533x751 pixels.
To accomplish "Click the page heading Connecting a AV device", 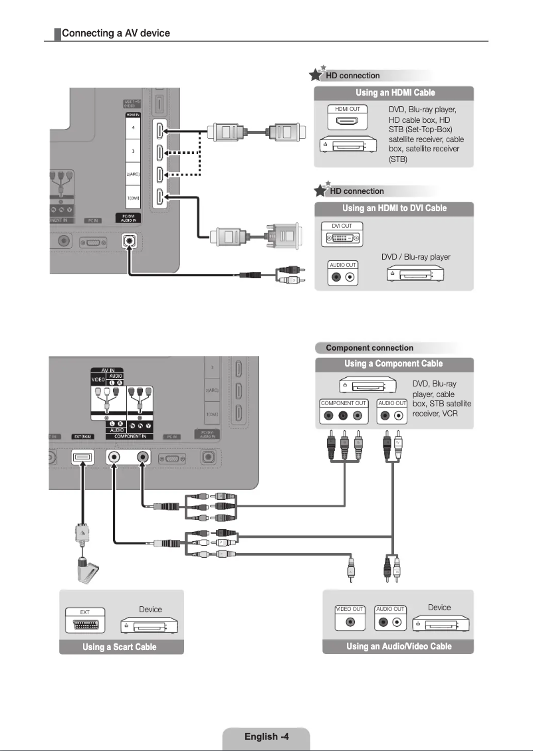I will (116, 33).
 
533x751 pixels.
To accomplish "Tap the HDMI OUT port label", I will (348, 108).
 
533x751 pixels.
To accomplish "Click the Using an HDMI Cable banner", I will (395, 92).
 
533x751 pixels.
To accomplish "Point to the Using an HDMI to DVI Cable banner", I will (395, 209).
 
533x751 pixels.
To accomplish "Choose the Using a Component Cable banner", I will (393, 364).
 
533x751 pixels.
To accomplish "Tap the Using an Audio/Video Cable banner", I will (399, 647).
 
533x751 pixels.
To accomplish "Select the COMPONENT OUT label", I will (344, 403).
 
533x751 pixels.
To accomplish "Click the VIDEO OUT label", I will (350, 609).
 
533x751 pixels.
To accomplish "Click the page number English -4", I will (266, 736).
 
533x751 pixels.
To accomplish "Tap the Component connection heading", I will (370, 348).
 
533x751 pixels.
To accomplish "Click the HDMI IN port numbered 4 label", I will (133, 127).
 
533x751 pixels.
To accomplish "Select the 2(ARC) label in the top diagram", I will (133, 173).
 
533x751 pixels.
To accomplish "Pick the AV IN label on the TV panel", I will (107, 369).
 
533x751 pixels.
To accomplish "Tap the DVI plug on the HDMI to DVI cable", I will (282, 236).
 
